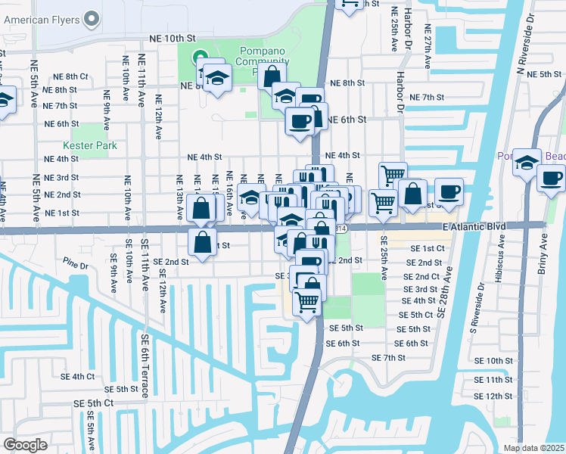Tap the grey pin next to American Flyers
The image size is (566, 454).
pyautogui.click(x=92, y=17)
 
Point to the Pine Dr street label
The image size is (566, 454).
pyautogui.click(x=76, y=266)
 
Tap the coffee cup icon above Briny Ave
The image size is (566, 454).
pyautogui.click(x=551, y=179)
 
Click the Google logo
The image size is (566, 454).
pyautogui.click(x=25, y=445)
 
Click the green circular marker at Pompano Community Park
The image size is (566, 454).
pyautogui.click(x=199, y=55)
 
